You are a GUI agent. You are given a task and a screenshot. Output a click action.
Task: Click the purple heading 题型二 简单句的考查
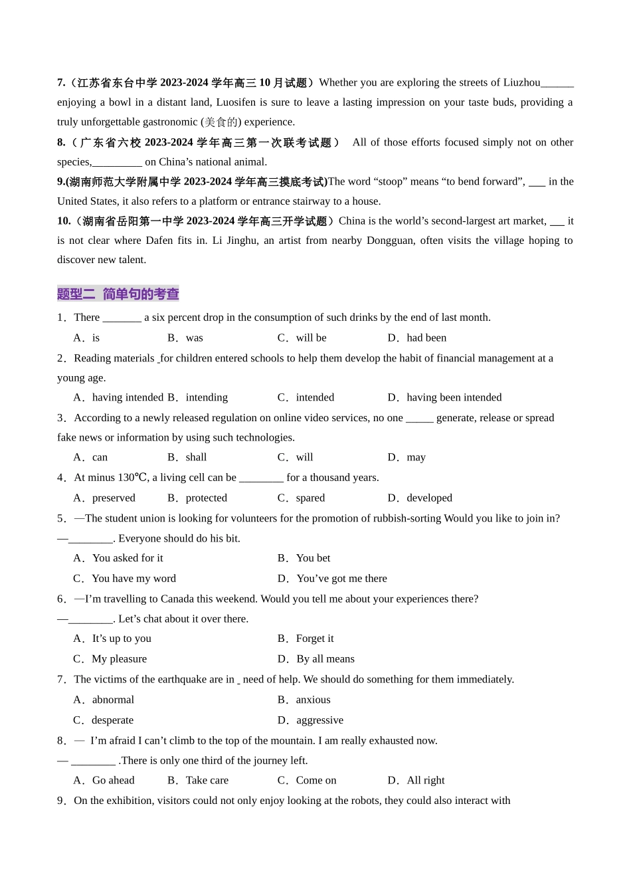118,294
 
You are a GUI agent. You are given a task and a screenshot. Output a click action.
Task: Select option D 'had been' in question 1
426,338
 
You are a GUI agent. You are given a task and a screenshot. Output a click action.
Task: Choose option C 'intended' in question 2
314,397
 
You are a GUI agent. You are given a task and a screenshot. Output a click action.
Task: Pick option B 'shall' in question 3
196,457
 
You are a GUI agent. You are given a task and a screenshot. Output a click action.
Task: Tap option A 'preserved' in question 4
113,498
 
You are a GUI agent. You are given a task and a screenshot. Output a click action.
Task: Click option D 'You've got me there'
341,579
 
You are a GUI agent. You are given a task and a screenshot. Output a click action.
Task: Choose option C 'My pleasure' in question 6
119,659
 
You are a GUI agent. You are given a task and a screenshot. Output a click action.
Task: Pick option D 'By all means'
325,659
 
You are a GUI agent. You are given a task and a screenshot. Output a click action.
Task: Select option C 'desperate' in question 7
112,720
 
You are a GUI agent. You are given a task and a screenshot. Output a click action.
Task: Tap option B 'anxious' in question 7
313,700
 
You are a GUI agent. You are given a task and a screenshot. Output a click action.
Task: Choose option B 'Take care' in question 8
207,780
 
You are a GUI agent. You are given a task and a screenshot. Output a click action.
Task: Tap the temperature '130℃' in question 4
134,478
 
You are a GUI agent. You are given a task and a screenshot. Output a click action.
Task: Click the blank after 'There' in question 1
122,318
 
